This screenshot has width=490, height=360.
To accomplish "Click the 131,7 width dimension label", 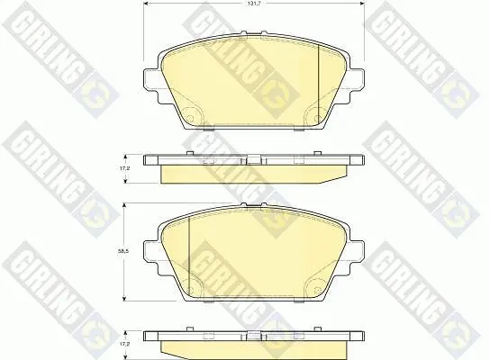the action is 254,3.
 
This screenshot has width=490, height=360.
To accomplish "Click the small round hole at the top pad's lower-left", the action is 190,118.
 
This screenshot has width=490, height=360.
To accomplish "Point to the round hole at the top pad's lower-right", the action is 317,118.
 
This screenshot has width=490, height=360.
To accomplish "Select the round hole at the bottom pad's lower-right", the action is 317,290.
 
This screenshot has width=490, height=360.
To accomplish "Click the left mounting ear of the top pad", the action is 151,81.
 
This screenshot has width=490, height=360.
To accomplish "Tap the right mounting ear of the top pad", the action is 357,81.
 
